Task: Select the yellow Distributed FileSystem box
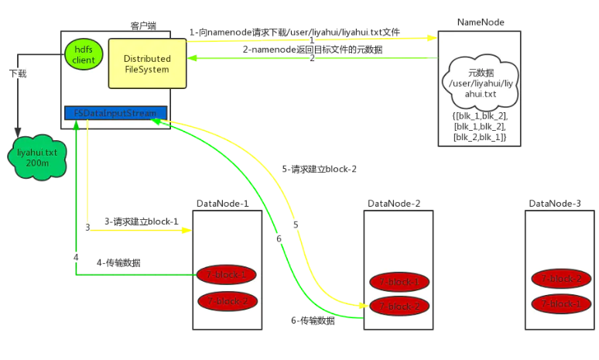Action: (x=147, y=63)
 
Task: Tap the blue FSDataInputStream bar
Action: (x=115, y=113)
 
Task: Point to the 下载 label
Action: (x=18, y=74)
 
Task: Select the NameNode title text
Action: (x=481, y=22)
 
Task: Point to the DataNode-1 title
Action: (x=222, y=204)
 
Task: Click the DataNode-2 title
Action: (x=394, y=204)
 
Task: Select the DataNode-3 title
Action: (x=555, y=204)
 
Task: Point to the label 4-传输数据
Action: (x=118, y=263)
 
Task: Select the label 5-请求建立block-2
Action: (x=319, y=169)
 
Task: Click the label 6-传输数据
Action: (x=313, y=321)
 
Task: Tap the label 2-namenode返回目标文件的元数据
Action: (x=312, y=49)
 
